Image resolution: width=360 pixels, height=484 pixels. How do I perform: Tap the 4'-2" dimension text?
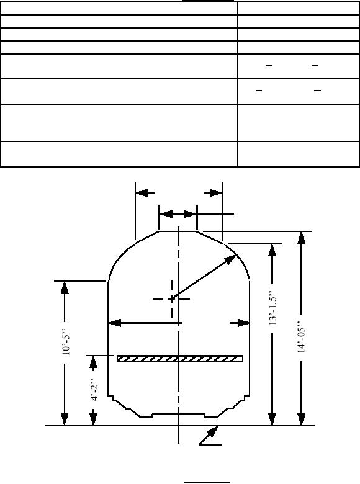[x=94, y=388]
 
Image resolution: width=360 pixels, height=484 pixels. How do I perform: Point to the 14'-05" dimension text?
[x=301, y=337]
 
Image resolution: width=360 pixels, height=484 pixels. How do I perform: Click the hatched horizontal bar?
[x=180, y=359]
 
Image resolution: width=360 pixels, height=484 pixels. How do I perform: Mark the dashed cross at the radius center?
[x=171, y=299]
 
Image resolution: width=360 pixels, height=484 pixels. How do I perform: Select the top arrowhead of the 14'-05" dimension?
[x=301, y=238]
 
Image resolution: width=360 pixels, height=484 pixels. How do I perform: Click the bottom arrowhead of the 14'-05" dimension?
[x=301, y=419]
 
